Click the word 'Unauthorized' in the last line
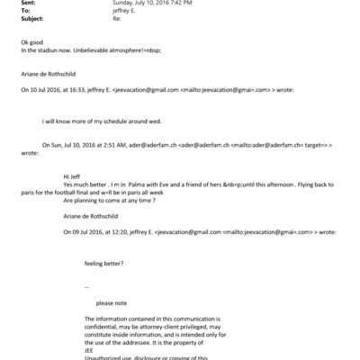pos(104,356)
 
